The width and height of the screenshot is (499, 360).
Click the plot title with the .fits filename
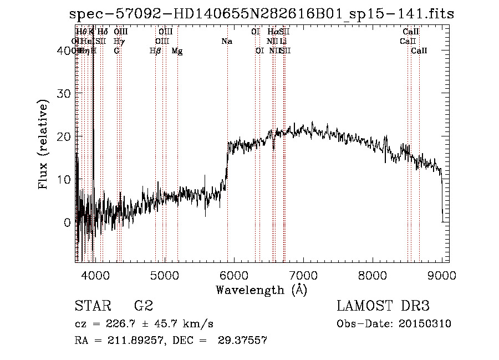262,14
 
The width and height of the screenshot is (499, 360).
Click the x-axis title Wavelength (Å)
261,290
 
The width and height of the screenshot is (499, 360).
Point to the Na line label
226,41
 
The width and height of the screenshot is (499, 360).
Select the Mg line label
177,50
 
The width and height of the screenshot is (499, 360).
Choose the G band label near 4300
116,50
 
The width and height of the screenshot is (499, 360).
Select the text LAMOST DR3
383,306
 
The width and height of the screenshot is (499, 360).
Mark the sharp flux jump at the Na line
227,161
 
